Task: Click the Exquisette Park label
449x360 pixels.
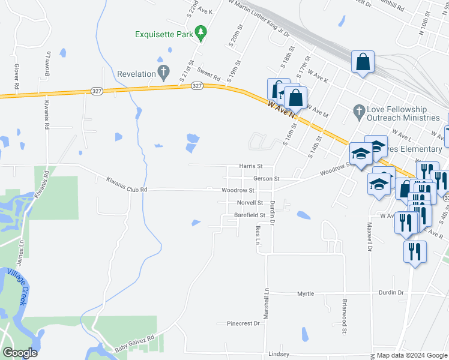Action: click(164, 34)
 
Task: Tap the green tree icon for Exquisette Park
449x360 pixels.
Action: click(202, 34)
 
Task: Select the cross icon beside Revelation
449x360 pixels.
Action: click(163, 74)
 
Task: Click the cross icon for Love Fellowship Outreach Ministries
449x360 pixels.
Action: click(358, 112)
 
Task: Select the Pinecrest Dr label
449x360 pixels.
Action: click(243, 323)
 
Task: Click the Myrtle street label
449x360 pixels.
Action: click(306, 293)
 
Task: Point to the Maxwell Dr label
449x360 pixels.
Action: click(370, 238)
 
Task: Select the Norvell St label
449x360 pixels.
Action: click(250, 203)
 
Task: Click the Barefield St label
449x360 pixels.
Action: click(250, 214)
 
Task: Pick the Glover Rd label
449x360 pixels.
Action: click(16, 78)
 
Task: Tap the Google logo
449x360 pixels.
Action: click(20, 352)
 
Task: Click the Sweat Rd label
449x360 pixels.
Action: click(209, 74)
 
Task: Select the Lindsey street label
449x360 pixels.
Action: click(279, 354)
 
